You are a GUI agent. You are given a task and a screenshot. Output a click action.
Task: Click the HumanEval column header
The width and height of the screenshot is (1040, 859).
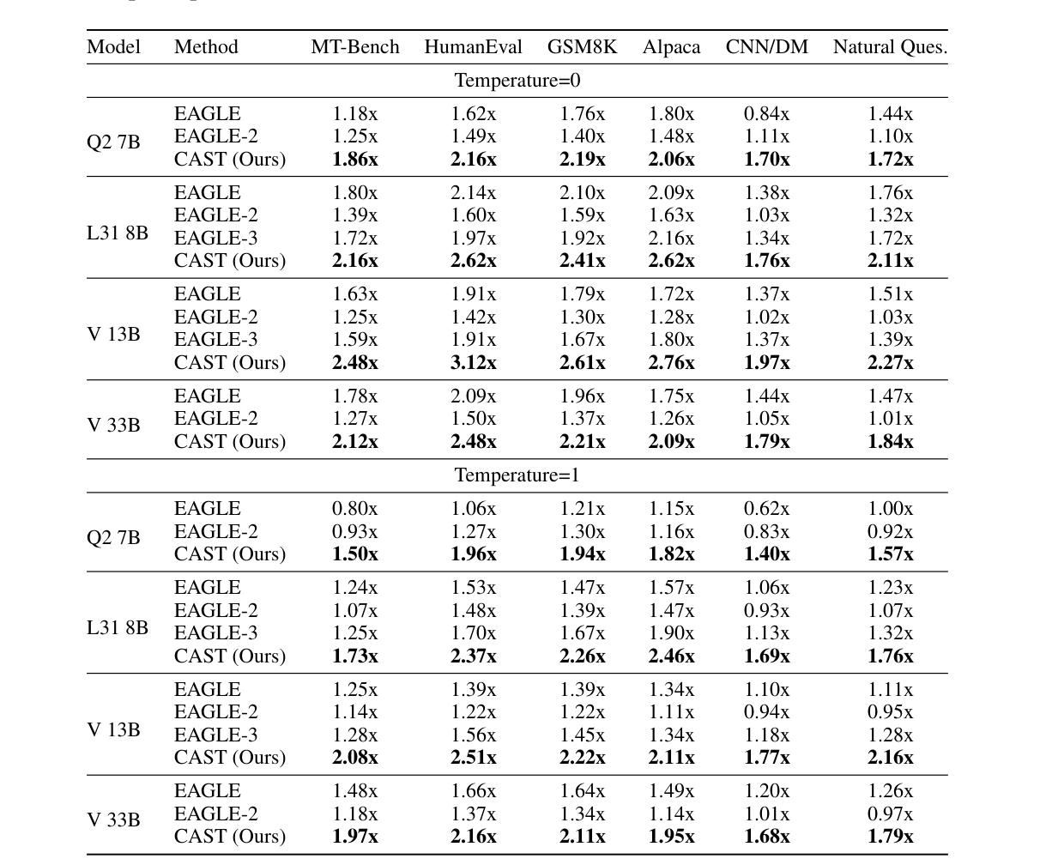coord(473,47)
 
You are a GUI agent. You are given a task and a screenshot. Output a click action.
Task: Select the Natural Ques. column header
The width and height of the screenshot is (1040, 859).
coord(890,47)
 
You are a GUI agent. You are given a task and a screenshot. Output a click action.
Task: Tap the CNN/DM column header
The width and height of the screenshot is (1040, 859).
coord(766,47)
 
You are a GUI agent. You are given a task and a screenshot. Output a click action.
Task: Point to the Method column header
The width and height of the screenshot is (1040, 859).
coord(206,47)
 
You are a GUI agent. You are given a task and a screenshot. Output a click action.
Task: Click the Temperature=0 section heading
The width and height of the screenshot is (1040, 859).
coord(517,81)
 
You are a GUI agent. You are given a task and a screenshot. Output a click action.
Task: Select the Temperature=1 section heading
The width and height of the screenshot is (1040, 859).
coord(517,475)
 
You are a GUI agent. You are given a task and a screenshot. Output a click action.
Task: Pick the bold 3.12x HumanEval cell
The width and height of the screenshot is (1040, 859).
coord(473,362)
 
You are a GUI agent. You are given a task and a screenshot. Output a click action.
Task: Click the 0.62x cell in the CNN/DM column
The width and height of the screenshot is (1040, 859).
coord(766,509)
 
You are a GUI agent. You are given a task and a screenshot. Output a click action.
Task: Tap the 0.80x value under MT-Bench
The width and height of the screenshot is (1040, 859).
coord(354,509)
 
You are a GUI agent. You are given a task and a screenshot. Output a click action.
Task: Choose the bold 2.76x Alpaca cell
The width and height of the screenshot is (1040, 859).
coord(671,362)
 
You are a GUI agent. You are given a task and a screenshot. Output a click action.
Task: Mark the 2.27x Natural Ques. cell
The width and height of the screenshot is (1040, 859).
coord(890,362)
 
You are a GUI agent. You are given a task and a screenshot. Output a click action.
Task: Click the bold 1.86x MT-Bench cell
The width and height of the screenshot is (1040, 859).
coord(354,159)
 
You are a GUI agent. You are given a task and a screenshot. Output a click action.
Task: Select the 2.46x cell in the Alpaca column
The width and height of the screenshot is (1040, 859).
coord(671,656)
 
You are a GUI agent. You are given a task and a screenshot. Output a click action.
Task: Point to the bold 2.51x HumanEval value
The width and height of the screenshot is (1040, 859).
coord(473,757)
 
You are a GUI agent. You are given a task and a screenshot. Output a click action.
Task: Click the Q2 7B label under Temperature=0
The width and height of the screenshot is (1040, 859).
coord(113,142)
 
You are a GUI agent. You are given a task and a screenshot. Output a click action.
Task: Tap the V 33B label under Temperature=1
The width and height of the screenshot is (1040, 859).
coord(113,820)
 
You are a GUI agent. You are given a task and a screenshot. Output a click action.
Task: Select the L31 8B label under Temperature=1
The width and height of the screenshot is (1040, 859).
coord(118,627)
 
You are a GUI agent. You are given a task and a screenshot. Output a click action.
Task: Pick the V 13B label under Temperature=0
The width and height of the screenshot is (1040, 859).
coord(113,334)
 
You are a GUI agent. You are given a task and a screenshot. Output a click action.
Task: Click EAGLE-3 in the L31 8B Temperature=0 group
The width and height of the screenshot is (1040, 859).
coord(215,238)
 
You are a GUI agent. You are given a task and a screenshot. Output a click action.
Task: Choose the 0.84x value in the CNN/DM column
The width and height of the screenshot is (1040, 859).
coord(766,113)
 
